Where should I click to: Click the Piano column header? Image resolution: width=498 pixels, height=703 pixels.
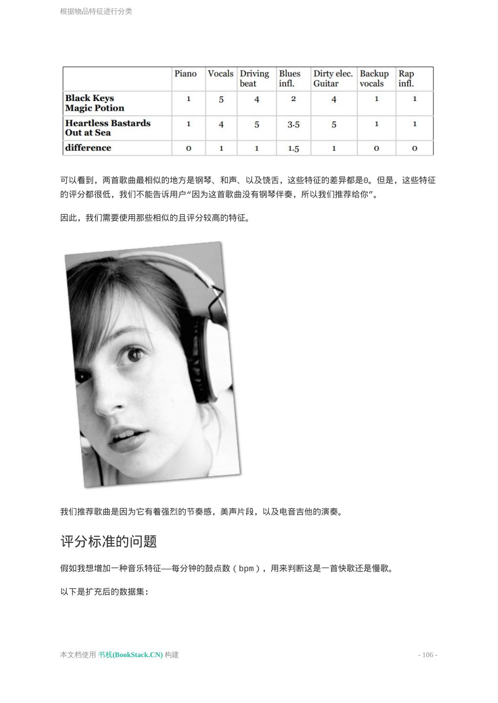pos(185,74)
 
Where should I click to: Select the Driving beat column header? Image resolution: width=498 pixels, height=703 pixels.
pos(254,79)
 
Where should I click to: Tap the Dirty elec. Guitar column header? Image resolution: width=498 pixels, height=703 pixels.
pos(333,79)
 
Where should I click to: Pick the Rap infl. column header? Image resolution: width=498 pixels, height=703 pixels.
pos(406,79)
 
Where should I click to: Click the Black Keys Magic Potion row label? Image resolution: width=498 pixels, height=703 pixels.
pos(94,103)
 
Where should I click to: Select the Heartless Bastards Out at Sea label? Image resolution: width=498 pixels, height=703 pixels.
pos(108,128)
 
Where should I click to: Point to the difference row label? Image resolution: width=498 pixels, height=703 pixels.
pos(88,148)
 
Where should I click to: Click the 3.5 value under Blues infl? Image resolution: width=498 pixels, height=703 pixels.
pos(293,125)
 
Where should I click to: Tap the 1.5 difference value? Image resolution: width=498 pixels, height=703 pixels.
pos(293,148)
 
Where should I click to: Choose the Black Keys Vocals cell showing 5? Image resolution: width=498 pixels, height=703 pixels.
pos(221,100)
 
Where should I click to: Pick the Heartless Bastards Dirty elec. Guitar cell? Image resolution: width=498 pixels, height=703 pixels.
pos(334,125)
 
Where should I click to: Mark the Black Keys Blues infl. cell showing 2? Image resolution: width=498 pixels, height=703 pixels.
pos(293,99)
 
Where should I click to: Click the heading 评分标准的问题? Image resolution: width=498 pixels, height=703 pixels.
pos(108,541)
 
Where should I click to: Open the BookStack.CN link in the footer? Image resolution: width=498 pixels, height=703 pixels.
pos(130,655)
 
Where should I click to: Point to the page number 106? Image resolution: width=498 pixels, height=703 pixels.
pos(428,655)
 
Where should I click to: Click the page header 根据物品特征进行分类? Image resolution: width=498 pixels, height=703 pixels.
pos(96,11)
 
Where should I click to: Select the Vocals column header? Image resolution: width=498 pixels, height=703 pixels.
pos(220,74)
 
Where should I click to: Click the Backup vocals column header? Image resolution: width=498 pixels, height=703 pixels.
pos(374,79)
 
